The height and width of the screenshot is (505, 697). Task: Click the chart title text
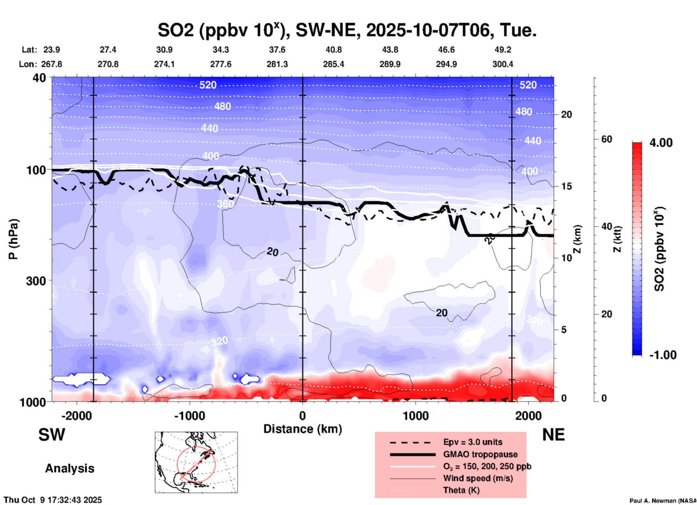coord(347,30)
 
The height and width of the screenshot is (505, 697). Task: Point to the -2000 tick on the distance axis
coord(76,416)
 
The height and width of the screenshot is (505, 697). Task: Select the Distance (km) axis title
coord(303,429)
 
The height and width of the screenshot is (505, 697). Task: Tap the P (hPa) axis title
coord(13,239)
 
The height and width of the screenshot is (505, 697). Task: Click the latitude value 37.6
coord(277,50)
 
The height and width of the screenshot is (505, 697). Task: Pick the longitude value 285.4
coord(333,64)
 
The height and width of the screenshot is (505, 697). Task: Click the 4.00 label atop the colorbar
coord(661,143)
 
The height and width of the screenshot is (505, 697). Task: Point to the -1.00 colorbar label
coord(663,355)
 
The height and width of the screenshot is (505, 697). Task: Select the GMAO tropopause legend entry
coord(480,454)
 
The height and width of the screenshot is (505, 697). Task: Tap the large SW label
coord(52,435)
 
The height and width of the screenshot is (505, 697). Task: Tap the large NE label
coord(553,435)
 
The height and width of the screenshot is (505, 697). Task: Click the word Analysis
coord(69,468)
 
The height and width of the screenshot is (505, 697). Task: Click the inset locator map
coord(196,462)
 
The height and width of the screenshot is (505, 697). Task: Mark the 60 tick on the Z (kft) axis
coord(607,139)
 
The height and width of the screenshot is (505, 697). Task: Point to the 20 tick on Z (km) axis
coord(566,114)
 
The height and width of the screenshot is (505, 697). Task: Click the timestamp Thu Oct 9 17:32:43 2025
coord(53,500)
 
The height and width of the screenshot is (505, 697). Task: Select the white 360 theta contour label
coord(225,204)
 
